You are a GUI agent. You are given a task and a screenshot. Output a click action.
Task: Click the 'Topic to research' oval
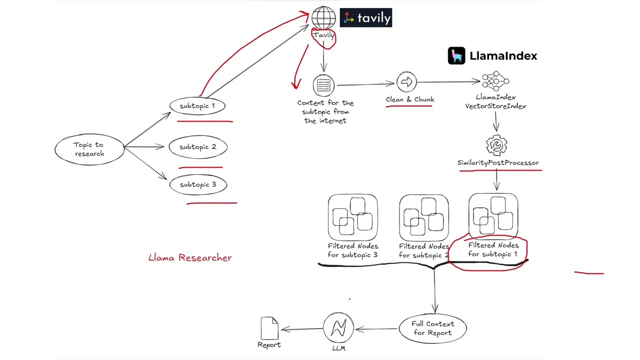pyautogui.click(x=89, y=149)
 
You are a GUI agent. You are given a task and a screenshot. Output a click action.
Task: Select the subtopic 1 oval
pyautogui.click(x=197, y=106)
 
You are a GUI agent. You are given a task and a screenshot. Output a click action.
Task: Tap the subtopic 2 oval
pyautogui.click(x=198, y=147)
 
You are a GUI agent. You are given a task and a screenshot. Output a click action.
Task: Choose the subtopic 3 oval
pyautogui.click(x=198, y=184)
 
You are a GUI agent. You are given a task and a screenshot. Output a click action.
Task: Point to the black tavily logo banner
pyautogui.click(x=366, y=18)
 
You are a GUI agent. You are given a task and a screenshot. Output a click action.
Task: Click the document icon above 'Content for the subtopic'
pyautogui.click(x=323, y=85)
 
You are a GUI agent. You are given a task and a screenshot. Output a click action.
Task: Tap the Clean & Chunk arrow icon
pyautogui.click(x=406, y=82)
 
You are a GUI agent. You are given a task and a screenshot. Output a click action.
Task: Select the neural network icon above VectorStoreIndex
pyautogui.click(x=495, y=81)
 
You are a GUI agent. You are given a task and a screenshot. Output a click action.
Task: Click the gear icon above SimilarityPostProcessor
pyautogui.click(x=496, y=145)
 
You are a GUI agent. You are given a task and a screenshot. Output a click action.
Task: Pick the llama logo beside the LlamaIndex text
pyautogui.click(x=456, y=56)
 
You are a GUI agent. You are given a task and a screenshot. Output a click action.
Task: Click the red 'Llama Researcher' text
pyautogui.click(x=190, y=257)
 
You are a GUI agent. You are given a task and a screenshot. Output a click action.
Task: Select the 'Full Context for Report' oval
pyautogui.click(x=433, y=328)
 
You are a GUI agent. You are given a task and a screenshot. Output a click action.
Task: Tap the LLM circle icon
pyautogui.click(x=338, y=328)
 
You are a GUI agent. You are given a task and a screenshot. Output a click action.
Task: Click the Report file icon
pyautogui.click(x=269, y=328)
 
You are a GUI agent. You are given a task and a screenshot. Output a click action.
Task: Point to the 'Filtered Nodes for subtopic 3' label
pyautogui.click(x=353, y=250)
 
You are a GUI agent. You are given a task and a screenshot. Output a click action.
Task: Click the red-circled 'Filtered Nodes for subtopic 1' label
pyautogui.click(x=493, y=250)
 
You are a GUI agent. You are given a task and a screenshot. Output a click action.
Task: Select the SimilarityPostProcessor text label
pyautogui.click(x=498, y=162)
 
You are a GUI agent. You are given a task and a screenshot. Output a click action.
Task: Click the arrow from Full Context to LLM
pyautogui.click(x=377, y=329)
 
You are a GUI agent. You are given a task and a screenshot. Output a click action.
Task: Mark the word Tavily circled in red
pyautogui.click(x=323, y=35)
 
